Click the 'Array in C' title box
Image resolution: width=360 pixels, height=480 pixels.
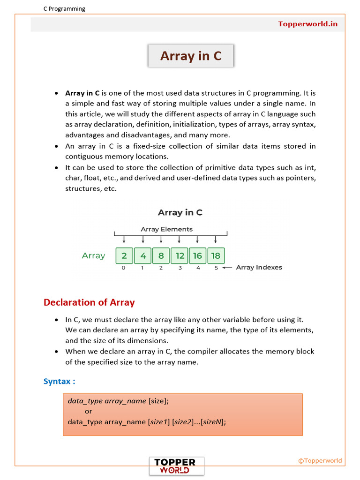(x=190, y=56)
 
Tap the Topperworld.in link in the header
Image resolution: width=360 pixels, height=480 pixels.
(x=307, y=24)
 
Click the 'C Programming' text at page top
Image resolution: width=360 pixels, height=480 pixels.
(x=64, y=8)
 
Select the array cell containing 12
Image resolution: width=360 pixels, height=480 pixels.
(x=179, y=255)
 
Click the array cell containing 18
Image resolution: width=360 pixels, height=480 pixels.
(x=216, y=255)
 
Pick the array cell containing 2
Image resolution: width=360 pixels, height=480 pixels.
(x=124, y=255)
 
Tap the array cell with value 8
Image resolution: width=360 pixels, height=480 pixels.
(x=161, y=255)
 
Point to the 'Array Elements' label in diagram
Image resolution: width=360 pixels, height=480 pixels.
(x=166, y=229)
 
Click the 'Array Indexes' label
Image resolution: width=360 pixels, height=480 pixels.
(x=259, y=267)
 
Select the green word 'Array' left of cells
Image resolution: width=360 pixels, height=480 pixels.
(x=93, y=255)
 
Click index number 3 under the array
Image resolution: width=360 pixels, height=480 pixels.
(x=180, y=268)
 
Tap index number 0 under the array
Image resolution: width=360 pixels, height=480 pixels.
(x=124, y=268)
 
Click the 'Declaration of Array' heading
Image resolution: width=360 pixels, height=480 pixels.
(x=89, y=302)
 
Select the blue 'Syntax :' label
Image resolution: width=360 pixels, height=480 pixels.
(x=60, y=381)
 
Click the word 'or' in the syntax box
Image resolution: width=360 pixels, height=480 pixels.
(x=89, y=411)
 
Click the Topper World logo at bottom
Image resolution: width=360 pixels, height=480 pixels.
(x=177, y=466)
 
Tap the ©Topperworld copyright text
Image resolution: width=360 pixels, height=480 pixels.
(x=320, y=460)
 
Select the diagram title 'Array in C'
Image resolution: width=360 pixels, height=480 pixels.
(x=180, y=212)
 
